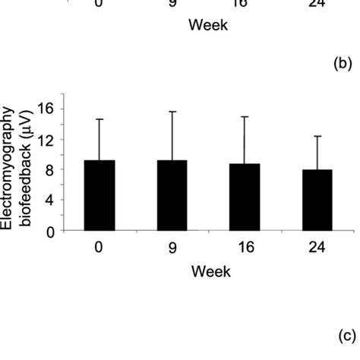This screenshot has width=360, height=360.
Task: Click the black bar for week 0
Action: [99, 196]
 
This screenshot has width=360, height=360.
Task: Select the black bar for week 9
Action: [172, 196]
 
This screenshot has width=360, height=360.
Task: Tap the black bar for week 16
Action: [245, 197]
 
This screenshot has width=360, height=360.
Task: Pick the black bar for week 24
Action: [317, 201]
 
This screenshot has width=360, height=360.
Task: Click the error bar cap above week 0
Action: [99, 119]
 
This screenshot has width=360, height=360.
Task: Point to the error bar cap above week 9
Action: [172, 112]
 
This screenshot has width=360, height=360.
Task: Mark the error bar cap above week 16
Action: [245, 117]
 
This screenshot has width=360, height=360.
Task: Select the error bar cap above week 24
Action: [317, 137]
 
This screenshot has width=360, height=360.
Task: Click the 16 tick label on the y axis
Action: [46, 109]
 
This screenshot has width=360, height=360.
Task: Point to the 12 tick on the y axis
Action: [46, 140]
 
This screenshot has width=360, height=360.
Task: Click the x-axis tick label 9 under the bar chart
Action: [172, 249]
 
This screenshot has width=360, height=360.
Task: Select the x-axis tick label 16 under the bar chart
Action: [245, 249]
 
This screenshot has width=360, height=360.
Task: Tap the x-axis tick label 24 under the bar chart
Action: [317, 249]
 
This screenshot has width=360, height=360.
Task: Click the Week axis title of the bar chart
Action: [211, 271]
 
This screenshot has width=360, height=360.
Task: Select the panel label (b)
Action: [343, 65]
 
